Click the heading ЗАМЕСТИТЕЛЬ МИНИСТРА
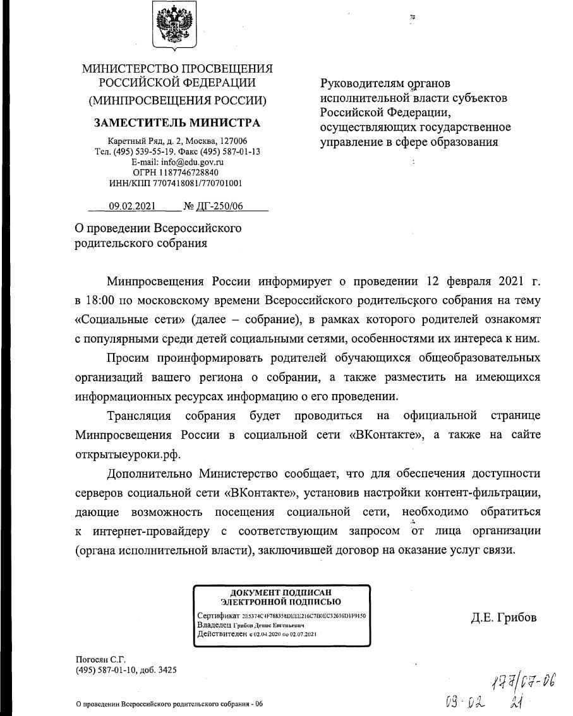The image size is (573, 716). (x=177, y=122)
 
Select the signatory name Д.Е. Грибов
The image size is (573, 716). (x=503, y=618)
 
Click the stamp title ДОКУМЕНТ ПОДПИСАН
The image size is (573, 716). (x=280, y=592)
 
